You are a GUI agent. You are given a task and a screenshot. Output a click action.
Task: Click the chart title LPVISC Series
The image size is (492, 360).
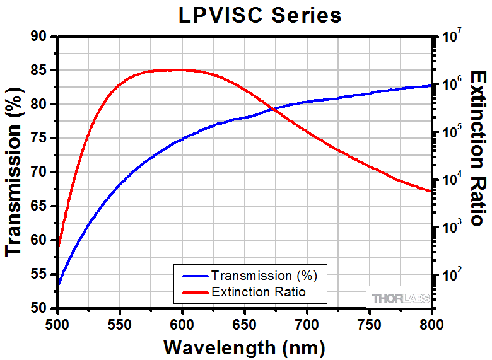click(x=259, y=15)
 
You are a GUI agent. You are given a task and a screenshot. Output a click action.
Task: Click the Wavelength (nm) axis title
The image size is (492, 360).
click(x=244, y=347)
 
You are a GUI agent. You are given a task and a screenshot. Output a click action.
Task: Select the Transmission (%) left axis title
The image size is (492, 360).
click(x=15, y=171)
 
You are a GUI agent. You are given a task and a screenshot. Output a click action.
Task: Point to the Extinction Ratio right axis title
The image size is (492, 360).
click(x=477, y=148)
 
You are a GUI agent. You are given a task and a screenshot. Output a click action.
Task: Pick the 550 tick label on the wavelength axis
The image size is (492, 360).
click(x=119, y=322)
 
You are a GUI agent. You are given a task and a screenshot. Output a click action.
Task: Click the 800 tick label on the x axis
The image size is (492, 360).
click(x=431, y=322)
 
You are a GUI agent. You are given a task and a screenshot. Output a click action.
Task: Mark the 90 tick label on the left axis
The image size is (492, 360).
click(x=39, y=37)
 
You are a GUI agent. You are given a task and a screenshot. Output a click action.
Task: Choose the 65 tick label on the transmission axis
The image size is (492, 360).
click(x=39, y=206)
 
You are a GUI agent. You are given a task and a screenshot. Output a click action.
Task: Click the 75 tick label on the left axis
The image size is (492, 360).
click(x=39, y=138)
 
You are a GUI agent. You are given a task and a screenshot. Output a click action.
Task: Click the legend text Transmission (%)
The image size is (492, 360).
click(x=264, y=276)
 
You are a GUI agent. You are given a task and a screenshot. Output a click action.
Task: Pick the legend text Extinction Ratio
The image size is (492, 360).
click(x=259, y=292)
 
